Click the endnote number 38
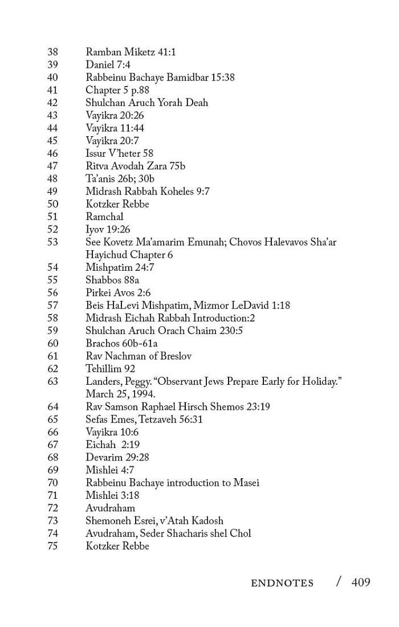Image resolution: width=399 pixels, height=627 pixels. click(52, 52)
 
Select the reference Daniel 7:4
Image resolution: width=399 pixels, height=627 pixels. click(108, 64)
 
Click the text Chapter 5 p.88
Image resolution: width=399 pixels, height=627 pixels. click(117, 90)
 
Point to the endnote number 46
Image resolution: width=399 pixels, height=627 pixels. click(52, 153)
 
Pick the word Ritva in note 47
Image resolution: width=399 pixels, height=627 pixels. click(97, 166)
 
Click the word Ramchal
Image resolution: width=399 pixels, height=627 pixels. click(104, 217)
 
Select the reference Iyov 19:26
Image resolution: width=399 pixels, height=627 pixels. click(108, 229)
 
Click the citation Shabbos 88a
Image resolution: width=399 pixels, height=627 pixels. click(112, 280)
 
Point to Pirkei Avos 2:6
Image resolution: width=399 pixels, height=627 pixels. click(118, 292)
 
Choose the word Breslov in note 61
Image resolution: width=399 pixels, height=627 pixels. click(174, 356)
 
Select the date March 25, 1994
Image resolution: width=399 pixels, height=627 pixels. click(120, 394)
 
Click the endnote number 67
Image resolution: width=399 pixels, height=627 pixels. click(52, 445)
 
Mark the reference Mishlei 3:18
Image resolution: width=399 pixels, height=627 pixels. click(112, 495)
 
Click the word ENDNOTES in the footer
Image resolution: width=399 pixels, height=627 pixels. click(282, 583)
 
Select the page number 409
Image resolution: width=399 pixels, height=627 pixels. click(361, 582)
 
